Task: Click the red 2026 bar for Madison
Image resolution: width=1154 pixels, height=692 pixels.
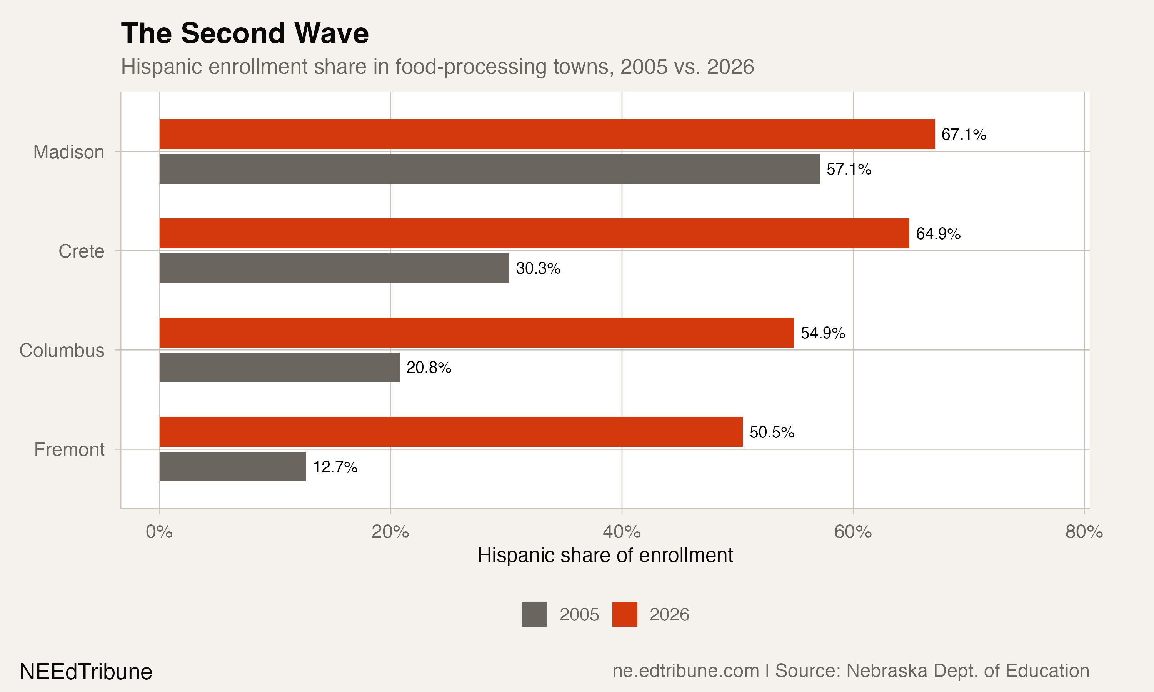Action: click(x=547, y=134)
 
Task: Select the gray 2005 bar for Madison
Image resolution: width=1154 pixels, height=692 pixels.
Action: click(x=489, y=169)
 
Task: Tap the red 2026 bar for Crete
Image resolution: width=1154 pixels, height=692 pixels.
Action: click(x=534, y=233)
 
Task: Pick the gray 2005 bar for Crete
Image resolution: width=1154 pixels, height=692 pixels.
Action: click(x=334, y=268)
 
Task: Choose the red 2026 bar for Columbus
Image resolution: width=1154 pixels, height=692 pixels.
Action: click(x=476, y=333)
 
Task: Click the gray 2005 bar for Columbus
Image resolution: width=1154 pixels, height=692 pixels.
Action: click(x=279, y=368)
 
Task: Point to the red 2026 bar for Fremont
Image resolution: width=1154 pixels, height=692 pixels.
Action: click(x=450, y=432)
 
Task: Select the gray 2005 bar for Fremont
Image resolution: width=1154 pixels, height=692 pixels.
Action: click(x=232, y=466)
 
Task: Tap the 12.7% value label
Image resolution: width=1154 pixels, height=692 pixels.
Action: click(x=335, y=467)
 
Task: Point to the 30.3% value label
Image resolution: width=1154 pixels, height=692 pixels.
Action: click(x=538, y=269)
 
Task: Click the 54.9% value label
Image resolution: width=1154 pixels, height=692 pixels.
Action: click(x=823, y=333)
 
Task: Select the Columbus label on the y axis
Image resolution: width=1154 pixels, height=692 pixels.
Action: click(x=62, y=351)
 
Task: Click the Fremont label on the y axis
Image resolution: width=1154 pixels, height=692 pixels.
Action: click(x=70, y=450)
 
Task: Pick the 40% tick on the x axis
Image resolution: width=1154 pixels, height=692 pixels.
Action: click(x=621, y=532)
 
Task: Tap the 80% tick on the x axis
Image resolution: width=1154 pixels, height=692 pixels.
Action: click(x=1084, y=532)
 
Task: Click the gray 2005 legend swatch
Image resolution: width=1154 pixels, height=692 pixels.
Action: click(x=535, y=614)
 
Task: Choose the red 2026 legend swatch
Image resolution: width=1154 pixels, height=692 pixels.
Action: click(x=625, y=614)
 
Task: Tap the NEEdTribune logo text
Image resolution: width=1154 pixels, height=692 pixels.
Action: click(x=86, y=672)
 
